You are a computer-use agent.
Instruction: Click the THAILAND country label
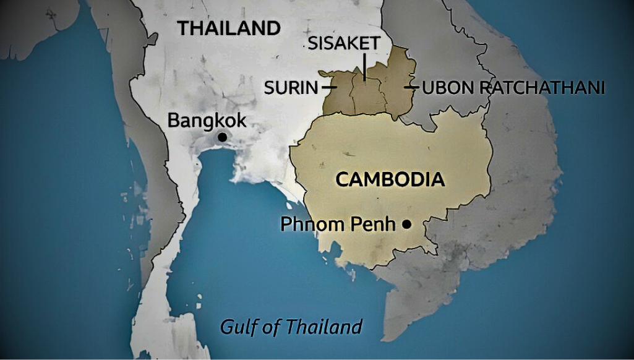point(229,28)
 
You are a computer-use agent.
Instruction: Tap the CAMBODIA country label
point(390,180)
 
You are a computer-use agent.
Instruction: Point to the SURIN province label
point(291,88)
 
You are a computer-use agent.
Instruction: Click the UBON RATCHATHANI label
point(513,88)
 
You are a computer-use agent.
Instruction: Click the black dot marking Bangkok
point(221,137)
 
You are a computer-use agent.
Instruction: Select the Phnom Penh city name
point(337,224)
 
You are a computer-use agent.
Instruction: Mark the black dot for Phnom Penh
point(406,224)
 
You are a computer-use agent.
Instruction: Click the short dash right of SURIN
point(330,88)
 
